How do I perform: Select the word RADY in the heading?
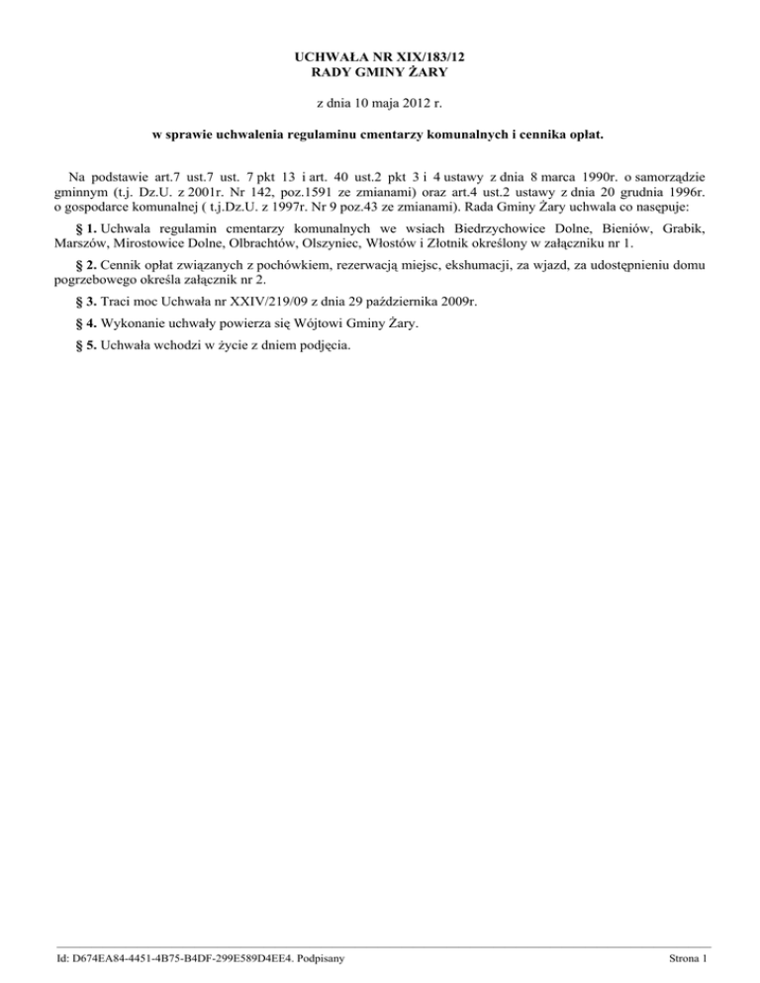330,74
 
